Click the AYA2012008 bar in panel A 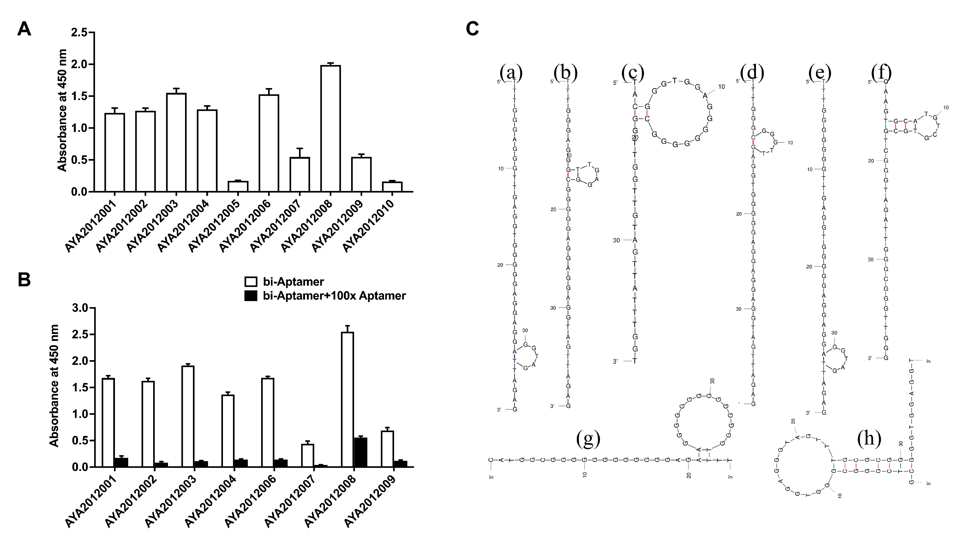pos(331,128)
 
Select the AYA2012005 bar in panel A pos(238,186)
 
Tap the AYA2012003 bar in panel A pos(176,142)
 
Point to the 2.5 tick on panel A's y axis pos(79,33)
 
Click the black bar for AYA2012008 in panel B pos(360,452)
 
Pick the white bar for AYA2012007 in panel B pos(308,455)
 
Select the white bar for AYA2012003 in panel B pos(188,416)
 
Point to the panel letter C pos(472,29)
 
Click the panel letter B pos(24,280)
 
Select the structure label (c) pos(632,73)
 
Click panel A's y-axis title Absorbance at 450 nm pos(62,110)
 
